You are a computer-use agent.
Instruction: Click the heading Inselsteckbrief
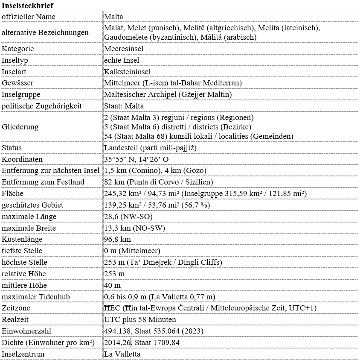tap(28, 5)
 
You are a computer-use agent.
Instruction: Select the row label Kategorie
tap(18, 49)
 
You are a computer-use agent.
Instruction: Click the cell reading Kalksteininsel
tap(128, 72)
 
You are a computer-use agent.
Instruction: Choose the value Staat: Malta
tap(124, 105)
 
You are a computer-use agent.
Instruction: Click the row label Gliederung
tap(20, 127)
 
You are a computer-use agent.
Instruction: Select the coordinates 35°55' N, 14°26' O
tap(136, 159)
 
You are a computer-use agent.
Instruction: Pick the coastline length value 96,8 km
tap(117, 239)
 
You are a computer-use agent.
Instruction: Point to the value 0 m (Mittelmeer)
tap(132, 251)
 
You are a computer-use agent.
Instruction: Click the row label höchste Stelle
tap(25, 262)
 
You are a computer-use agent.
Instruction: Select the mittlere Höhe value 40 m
tap(112, 285)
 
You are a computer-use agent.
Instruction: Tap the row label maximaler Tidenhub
tap(36, 297)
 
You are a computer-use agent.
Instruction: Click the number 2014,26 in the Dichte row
tap(117, 342)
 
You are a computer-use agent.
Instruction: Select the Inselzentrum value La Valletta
tap(122, 354)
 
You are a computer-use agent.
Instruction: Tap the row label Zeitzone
tap(16, 308)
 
